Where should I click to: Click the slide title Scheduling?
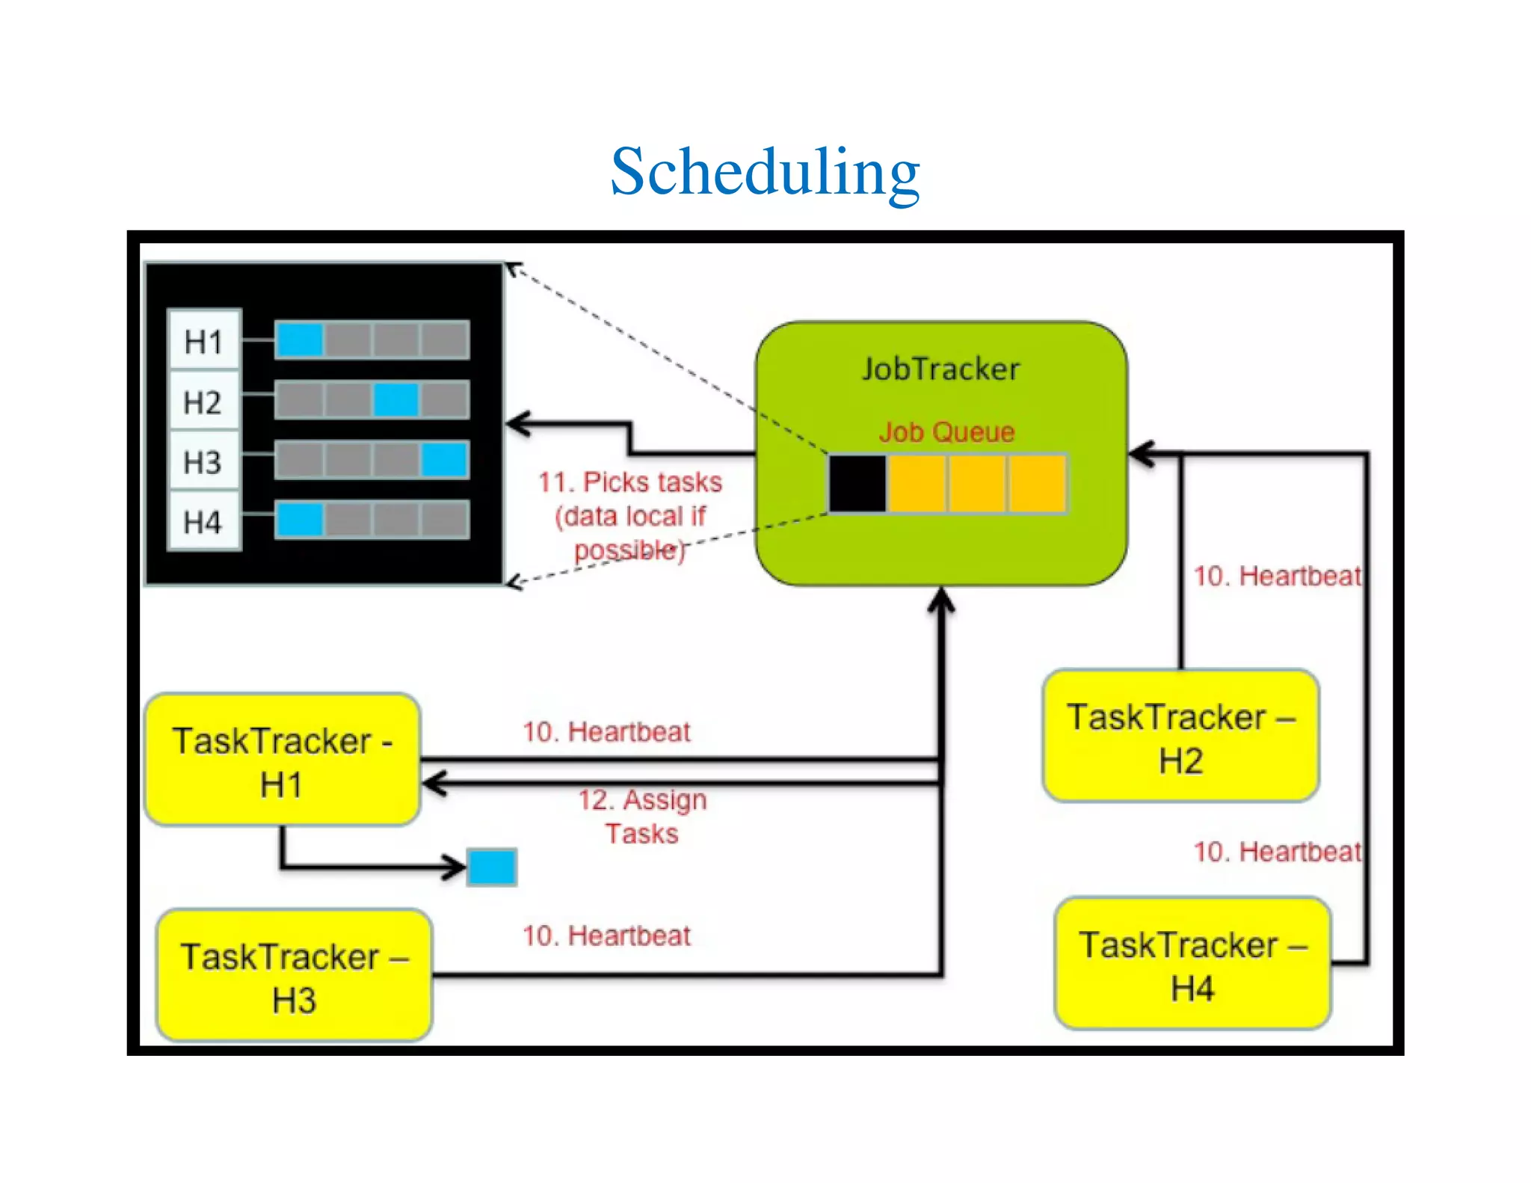point(765,171)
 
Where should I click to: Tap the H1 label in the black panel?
point(203,342)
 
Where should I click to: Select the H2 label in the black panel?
point(203,402)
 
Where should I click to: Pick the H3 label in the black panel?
point(203,462)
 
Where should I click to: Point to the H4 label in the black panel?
point(203,522)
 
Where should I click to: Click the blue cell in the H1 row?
point(300,340)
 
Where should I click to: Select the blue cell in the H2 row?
point(396,400)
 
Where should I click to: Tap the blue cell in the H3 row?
point(444,460)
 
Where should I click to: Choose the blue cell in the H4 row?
point(300,520)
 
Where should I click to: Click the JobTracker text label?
point(940,369)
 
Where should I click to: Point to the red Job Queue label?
point(946,432)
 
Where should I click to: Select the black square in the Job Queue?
point(857,484)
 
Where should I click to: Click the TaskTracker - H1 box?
point(282,760)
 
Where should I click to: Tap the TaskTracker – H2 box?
point(1180,737)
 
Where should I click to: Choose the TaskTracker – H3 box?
point(294,976)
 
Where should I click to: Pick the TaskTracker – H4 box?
point(1192,965)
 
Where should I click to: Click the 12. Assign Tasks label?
point(642,817)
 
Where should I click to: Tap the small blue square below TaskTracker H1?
point(492,867)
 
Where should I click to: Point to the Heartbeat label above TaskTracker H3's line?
point(606,935)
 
